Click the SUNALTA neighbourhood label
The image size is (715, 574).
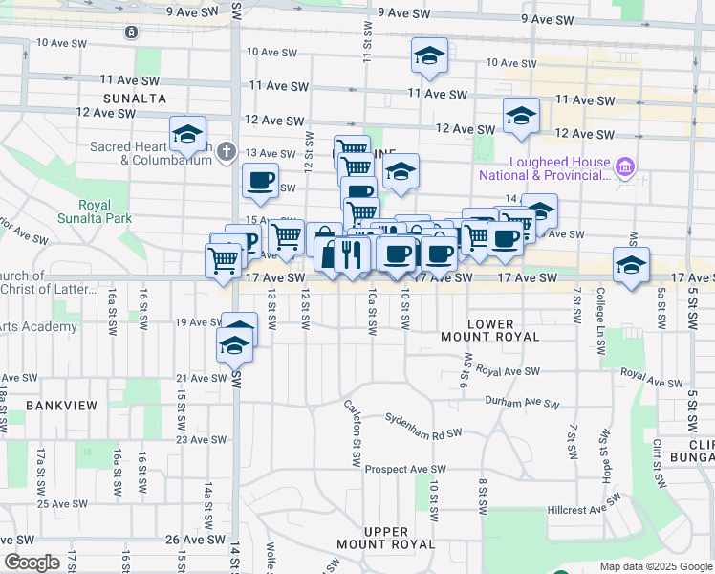[x=136, y=98]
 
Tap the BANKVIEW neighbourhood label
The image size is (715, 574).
[x=62, y=406]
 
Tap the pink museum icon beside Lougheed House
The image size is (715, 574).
[x=626, y=169]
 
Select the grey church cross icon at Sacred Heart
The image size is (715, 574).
[x=226, y=151]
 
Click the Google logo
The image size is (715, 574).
[x=32, y=563]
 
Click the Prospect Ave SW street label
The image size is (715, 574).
[x=405, y=470]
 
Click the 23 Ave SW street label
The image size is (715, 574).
[x=202, y=440]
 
